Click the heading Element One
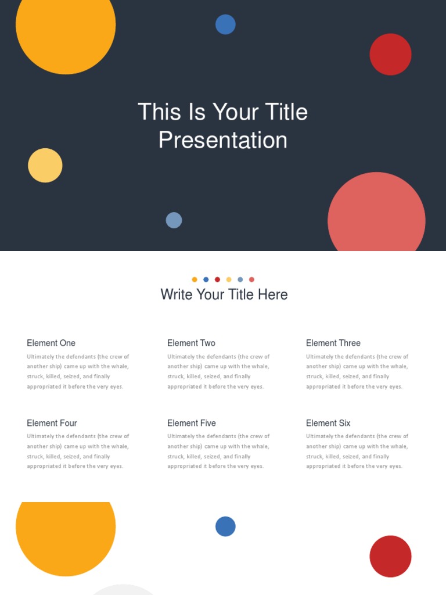coord(51,343)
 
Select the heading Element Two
coord(191,343)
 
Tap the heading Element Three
coord(333,343)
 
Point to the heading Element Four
coord(52,423)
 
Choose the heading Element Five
coord(192,423)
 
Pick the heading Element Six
coord(328,423)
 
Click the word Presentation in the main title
coord(223,140)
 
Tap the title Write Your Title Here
coord(224,295)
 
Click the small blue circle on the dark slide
coord(225,24)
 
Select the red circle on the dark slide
coord(390,54)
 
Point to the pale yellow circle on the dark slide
coord(45,166)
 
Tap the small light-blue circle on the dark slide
coord(174,220)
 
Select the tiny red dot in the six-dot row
coord(217,279)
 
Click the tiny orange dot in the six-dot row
coord(195,279)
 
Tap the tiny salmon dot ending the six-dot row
coord(251,279)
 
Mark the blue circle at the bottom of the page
coord(225,526)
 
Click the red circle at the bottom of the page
coord(390,556)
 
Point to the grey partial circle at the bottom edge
coord(123,590)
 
